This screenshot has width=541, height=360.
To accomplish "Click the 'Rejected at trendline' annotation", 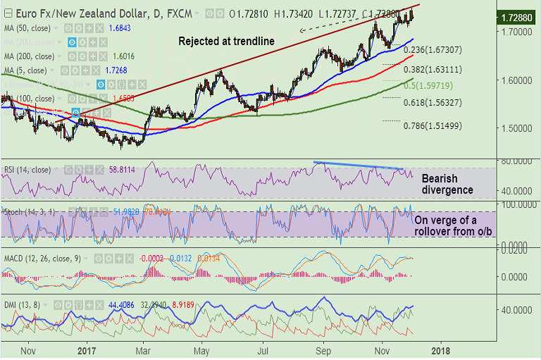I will point(226,41).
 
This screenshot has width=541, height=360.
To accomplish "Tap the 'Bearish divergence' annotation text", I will point(447,185).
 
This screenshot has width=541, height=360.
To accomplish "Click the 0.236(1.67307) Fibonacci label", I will point(433,50).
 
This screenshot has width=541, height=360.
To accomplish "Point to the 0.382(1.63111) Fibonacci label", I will point(433,70).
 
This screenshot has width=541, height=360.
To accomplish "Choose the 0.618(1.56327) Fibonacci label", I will point(433,102).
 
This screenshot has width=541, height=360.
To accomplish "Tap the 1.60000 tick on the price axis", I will point(516,80).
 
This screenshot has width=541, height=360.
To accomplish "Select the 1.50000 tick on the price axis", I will point(516,128).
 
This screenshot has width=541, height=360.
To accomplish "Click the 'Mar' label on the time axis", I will point(143,349).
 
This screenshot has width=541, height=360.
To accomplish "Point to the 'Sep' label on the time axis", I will point(324,349).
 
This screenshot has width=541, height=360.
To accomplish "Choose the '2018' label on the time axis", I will point(440,349).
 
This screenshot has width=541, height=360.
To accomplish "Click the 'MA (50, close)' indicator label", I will point(28,28).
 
